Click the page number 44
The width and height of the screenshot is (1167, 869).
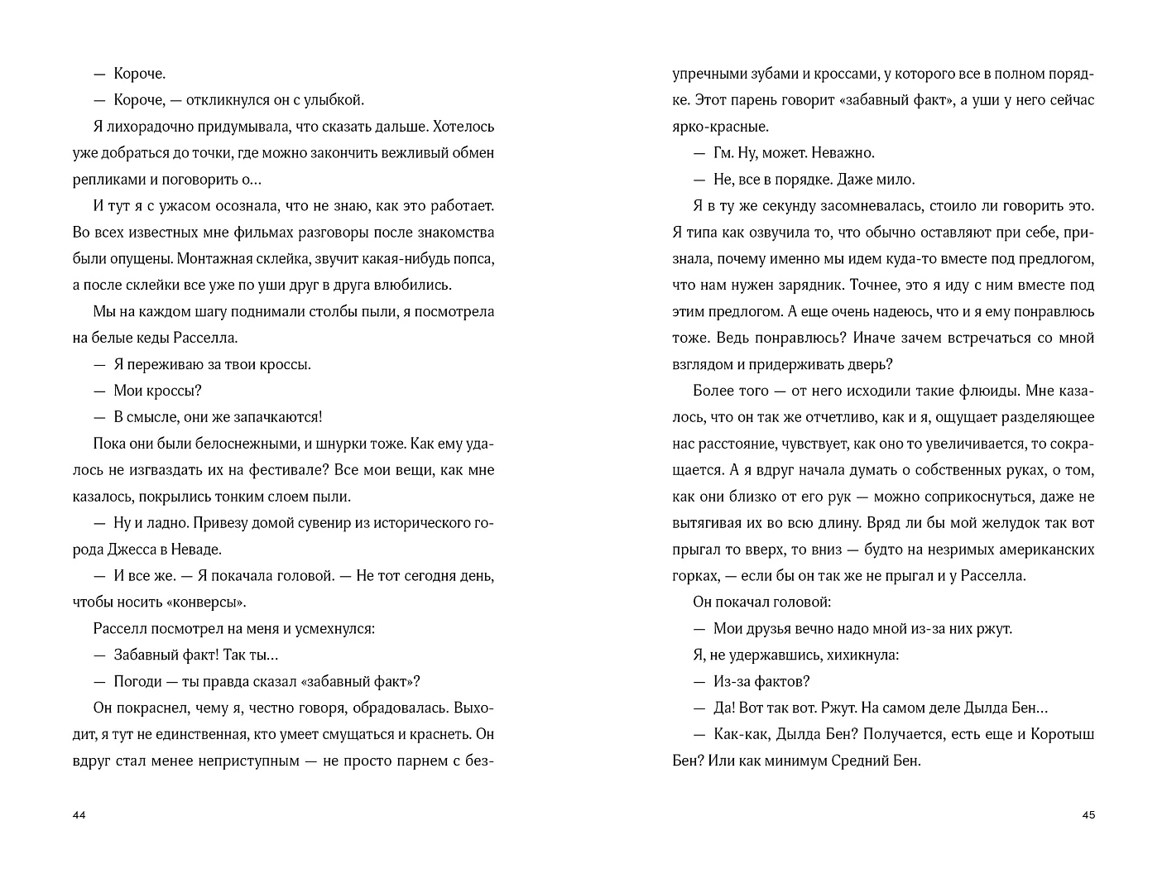coord(79,815)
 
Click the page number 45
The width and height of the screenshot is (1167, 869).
coord(1088,815)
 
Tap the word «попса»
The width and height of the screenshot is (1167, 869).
coord(473,259)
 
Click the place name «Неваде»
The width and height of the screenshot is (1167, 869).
coord(198,550)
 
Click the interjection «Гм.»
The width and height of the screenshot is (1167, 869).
coord(724,153)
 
